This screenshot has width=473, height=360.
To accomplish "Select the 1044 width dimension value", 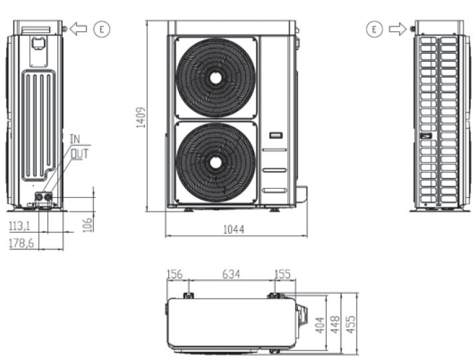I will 234,230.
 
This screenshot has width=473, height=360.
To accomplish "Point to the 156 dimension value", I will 174,274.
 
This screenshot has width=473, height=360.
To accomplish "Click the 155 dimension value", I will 282,274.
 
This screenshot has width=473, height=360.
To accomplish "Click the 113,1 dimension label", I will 20,226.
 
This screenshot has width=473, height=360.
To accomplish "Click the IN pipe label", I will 75,138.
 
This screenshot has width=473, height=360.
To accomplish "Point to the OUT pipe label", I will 79,152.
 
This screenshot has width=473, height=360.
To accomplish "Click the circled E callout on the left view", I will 102,29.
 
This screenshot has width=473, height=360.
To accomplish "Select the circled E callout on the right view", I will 375,29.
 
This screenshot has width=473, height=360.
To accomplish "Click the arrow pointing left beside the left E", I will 79,29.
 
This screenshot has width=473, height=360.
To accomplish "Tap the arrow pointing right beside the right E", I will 397,29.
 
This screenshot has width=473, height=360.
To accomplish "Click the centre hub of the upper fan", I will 216,77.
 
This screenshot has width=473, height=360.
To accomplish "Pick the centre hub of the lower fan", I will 216,162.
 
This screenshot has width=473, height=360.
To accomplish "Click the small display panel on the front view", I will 275,136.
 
